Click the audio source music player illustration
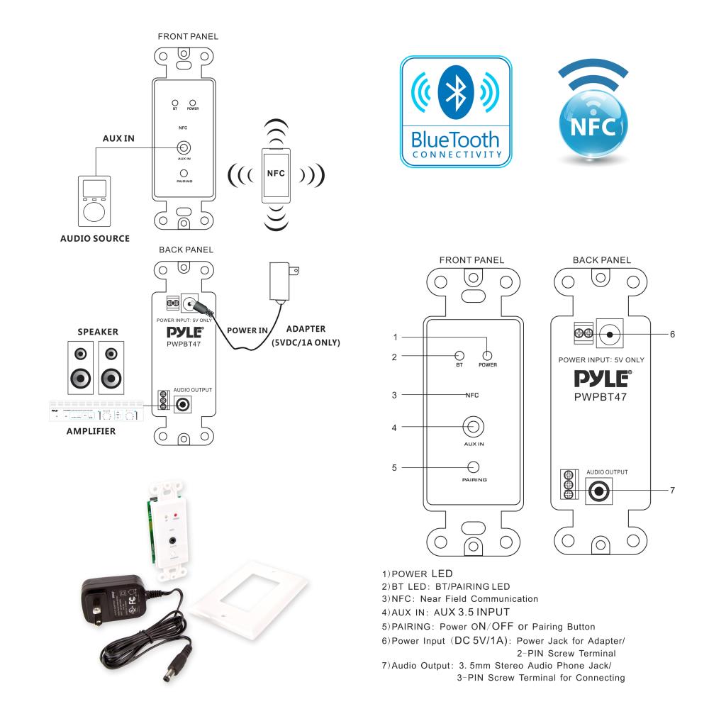[92, 200]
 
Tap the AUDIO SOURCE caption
[95, 239]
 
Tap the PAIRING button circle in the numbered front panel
[473, 467]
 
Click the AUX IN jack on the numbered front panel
[473, 427]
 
